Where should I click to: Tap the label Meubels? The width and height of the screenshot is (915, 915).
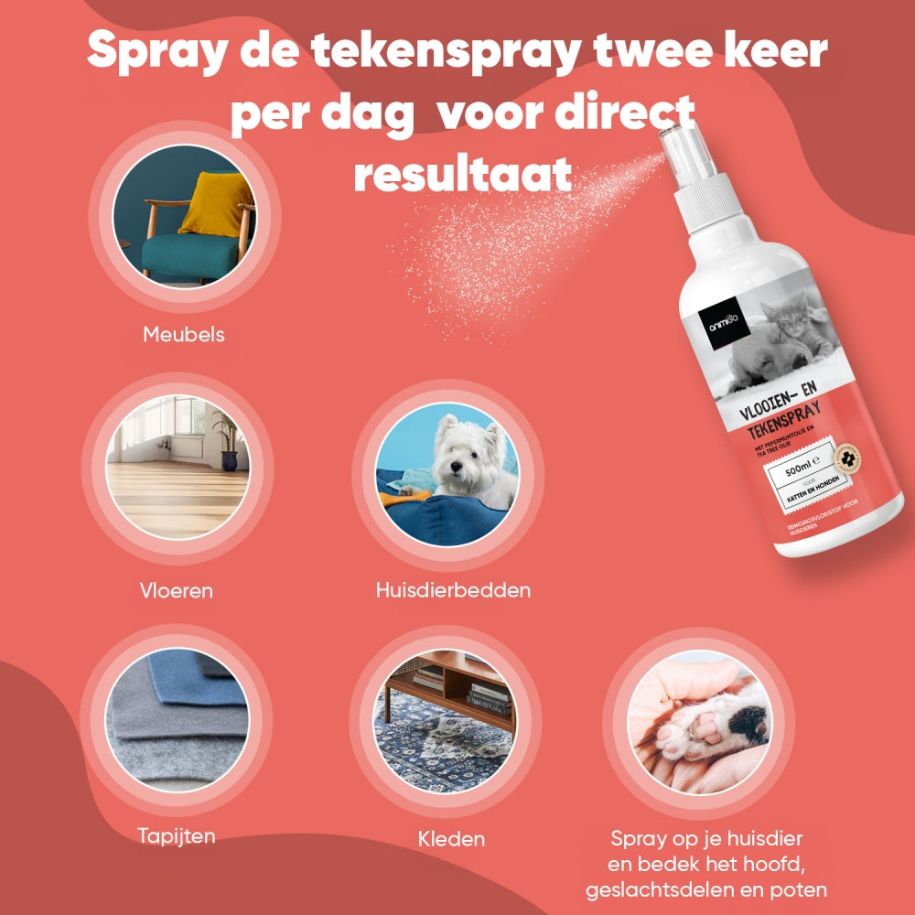[184, 335]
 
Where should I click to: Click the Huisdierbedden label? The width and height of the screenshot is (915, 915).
[453, 590]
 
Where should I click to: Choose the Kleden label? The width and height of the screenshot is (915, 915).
[451, 838]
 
